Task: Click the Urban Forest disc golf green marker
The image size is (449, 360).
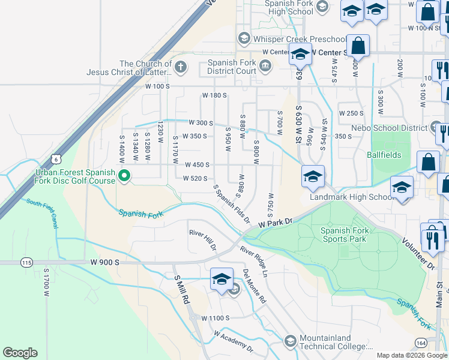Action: [125, 176]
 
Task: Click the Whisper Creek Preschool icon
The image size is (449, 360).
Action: [244, 38]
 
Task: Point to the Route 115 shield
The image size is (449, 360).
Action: [26, 262]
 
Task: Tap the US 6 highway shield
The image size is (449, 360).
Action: [56, 158]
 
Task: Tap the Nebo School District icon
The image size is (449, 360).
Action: [436, 127]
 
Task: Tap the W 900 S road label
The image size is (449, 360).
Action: [106, 262]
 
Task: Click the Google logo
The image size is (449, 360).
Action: [20, 353]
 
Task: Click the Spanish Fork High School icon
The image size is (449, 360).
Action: [322, 7]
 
